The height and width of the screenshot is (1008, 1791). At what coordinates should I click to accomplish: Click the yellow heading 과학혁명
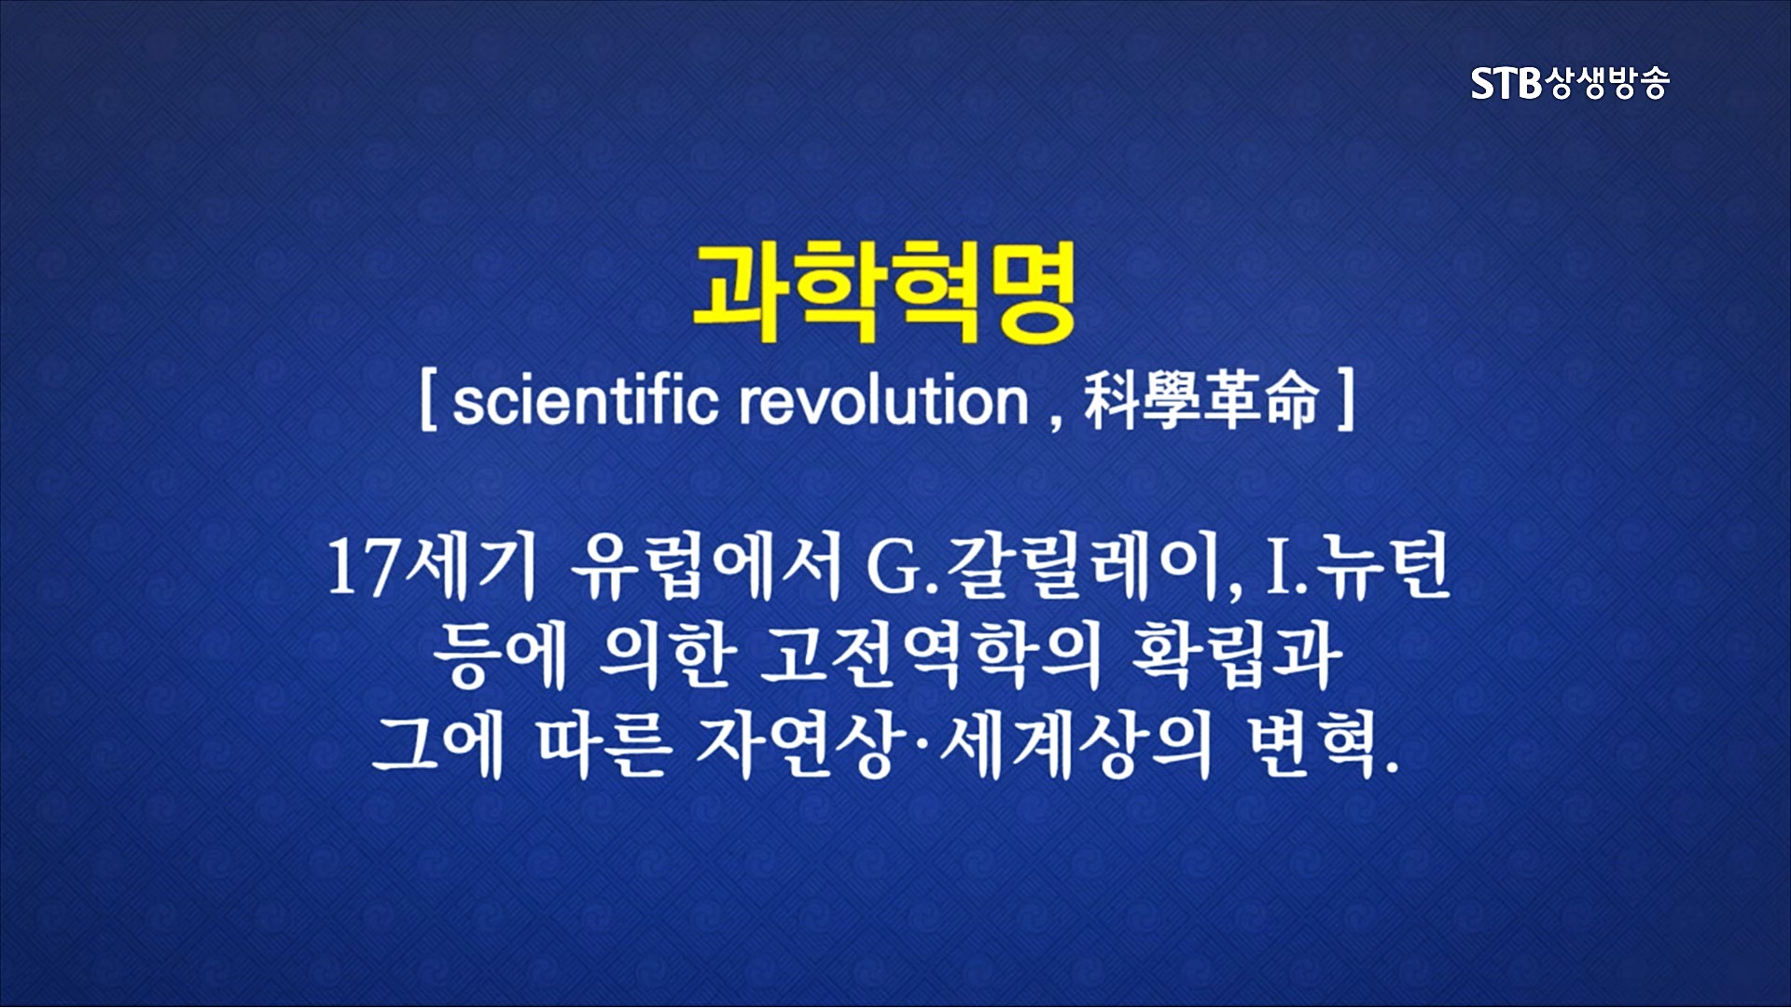(884, 293)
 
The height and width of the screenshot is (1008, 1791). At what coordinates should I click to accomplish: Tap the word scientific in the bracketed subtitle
(586, 401)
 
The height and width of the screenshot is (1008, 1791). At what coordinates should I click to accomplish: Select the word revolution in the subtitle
(884, 402)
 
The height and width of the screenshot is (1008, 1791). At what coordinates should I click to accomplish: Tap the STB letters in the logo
(1506, 84)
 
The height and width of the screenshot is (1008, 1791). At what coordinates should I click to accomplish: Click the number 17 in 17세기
(365, 568)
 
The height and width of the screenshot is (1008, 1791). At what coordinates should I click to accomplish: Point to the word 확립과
(1236, 656)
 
